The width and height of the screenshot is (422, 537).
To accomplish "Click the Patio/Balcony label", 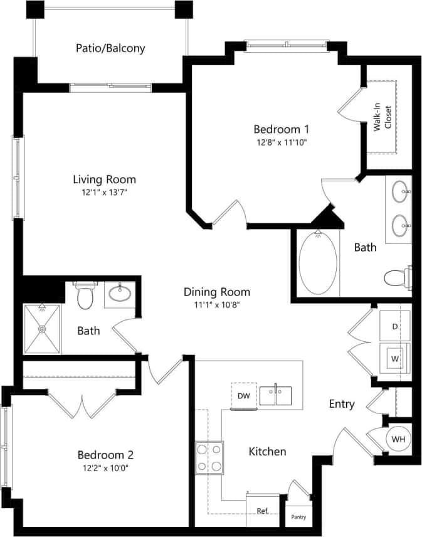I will [x=110, y=48].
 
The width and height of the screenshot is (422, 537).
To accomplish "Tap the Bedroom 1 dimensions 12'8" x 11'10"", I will [x=282, y=142].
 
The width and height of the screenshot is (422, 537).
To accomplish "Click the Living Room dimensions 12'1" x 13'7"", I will [x=104, y=193].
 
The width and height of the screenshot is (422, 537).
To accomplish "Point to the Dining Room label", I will [x=216, y=292].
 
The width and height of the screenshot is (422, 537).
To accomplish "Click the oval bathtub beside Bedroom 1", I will [x=318, y=264].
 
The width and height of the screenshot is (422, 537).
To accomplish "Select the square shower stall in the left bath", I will [x=43, y=328].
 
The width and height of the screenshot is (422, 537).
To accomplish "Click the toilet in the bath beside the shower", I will [x=85, y=295].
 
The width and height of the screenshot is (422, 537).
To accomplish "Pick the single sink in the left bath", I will [x=119, y=292].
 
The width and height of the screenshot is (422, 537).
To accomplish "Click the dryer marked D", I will [x=395, y=326].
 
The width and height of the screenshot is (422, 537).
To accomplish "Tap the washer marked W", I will [x=395, y=359].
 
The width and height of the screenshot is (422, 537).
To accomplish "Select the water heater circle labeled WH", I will [x=398, y=439].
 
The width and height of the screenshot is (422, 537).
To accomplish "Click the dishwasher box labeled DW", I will [x=243, y=395].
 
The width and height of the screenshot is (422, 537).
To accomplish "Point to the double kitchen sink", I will [x=276, y=396].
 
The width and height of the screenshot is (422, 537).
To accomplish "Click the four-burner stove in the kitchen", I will [x=209, y=458].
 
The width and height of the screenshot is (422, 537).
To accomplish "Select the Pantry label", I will [x=298, y=518].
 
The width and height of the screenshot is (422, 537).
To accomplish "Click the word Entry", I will [x=342, y=404].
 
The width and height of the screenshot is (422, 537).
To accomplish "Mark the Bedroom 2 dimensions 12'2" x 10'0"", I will [x=105, y=468].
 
